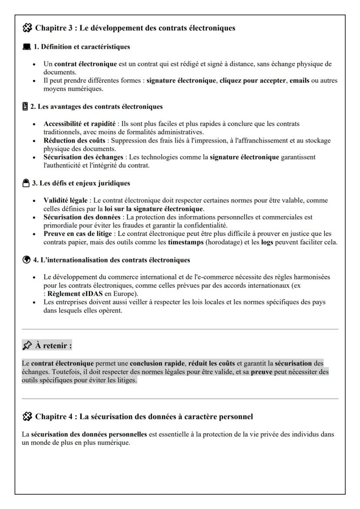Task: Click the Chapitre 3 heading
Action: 135,29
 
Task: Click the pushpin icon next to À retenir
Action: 27,346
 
